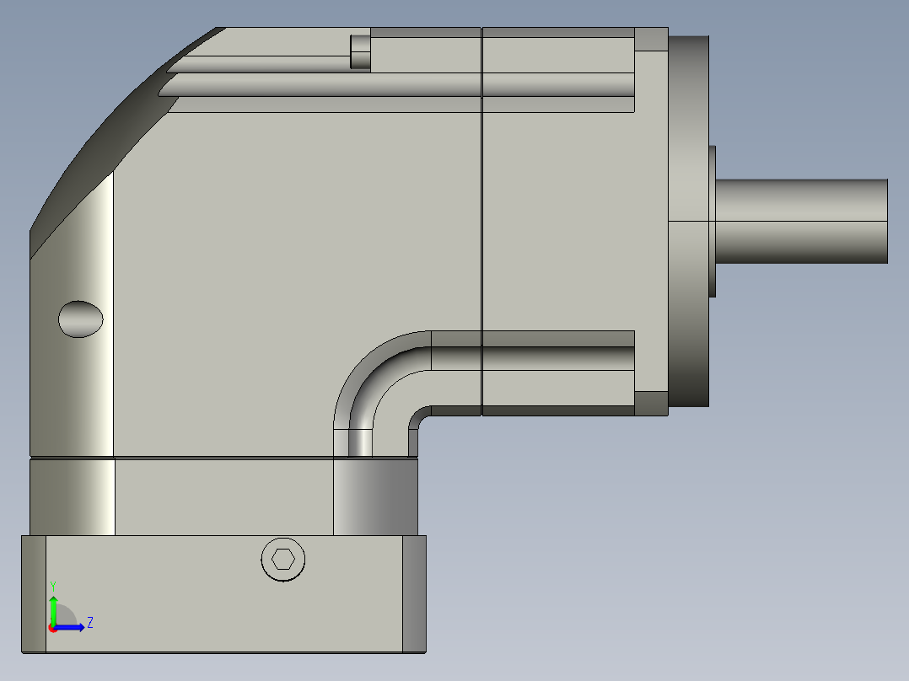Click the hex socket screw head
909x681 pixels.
pos(283,560)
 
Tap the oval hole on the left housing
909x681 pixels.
pos(81,319)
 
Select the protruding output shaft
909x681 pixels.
pos(801,222)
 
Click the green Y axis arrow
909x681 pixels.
pos(53,609)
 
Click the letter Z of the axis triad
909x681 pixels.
pos(90,623)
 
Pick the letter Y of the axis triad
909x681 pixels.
pos(53,586)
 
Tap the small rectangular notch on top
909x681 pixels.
pos(360,52)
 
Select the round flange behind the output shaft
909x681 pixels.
pos(689,222)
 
